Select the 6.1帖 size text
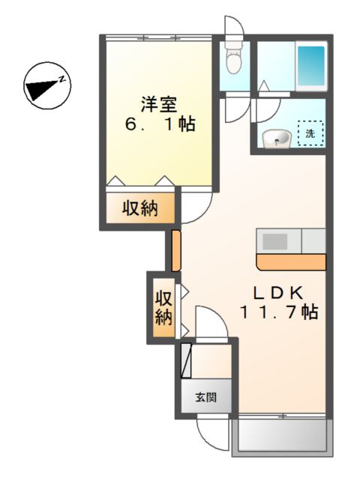click(x=160, y=124)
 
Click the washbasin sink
click(x=277, y=137)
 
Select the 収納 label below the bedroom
click(x=140, y=208)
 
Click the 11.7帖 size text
click(x=280, y=312)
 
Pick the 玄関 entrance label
click(x=207, y=398)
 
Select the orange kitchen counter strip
click(x=290, y=261)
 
